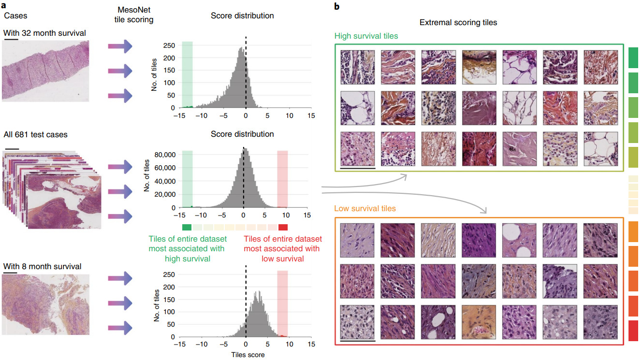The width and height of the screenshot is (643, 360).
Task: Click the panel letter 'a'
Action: click(5, 6)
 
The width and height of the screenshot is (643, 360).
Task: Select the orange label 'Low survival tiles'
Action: click(365, 209)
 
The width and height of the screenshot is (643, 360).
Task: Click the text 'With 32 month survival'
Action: click(44, 33)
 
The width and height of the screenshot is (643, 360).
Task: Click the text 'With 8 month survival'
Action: click(42, 266)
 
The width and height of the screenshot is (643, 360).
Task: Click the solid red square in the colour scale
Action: click(283, 227)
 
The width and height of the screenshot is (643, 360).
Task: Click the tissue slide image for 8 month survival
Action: click(46, 304)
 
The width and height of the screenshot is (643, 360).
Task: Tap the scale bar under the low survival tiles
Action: click(358, 341)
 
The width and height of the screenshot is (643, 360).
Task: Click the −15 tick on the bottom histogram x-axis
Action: click(179, 345)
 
